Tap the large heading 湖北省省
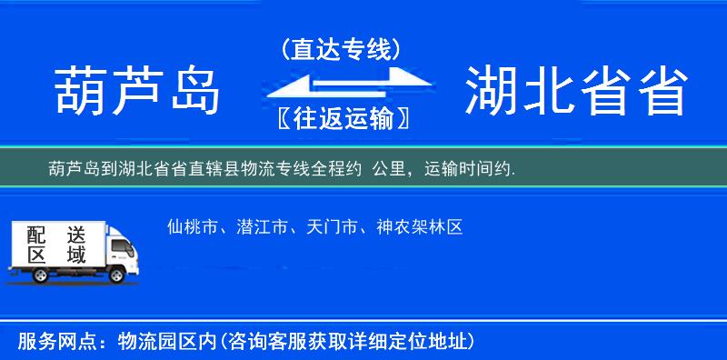pos(575,91)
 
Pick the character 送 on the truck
pos(75,234)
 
